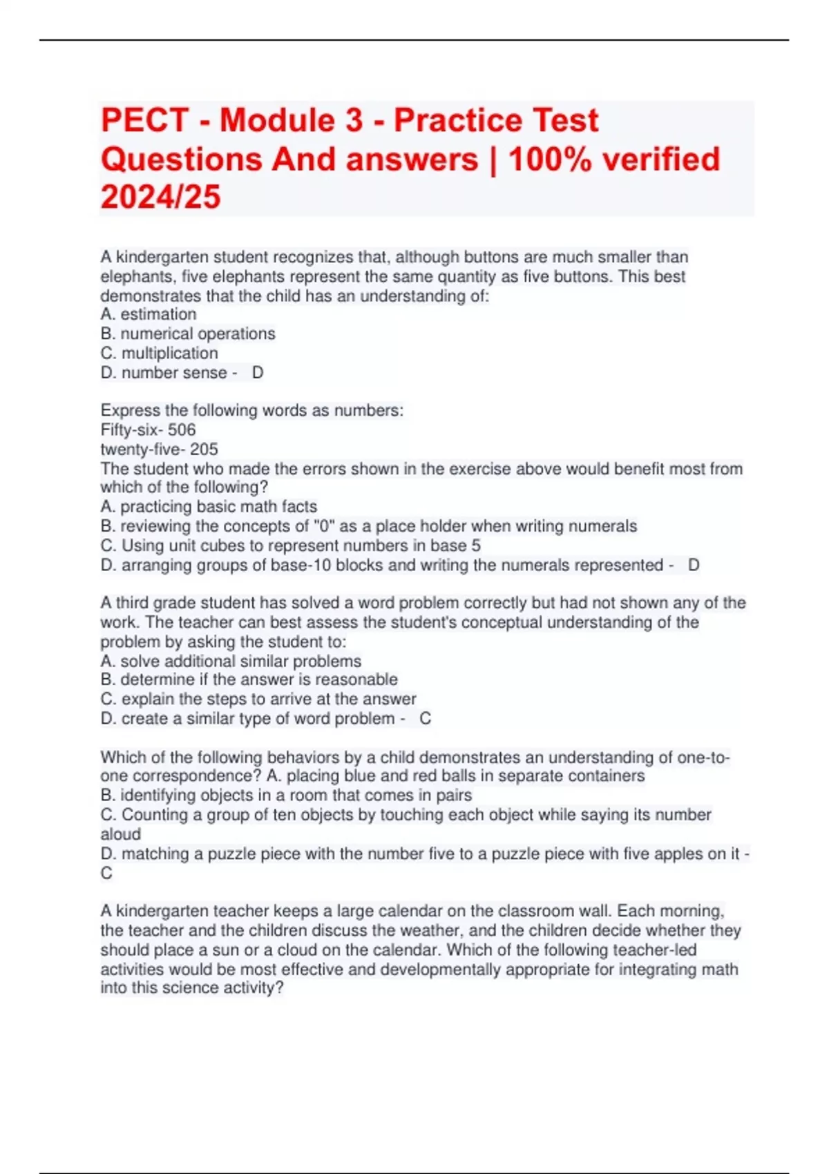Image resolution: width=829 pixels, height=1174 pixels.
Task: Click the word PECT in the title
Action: [x=144, y=120]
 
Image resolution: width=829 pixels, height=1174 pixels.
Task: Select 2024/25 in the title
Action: [x=160, y=197]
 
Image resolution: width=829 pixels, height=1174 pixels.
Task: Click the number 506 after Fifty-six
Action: [x=182, y=430]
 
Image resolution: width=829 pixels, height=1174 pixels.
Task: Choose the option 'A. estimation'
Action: [x=149, y=314]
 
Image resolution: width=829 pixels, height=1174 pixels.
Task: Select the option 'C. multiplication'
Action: [x=159, y=353]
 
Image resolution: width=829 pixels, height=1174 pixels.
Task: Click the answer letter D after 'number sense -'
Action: [x=258, y=373]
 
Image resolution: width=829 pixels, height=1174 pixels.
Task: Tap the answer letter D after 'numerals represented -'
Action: [x=694, y=565]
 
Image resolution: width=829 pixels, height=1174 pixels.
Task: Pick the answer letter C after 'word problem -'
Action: [x=426, y=718]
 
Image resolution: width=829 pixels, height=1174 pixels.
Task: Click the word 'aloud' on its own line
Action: [x=120, y=834]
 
